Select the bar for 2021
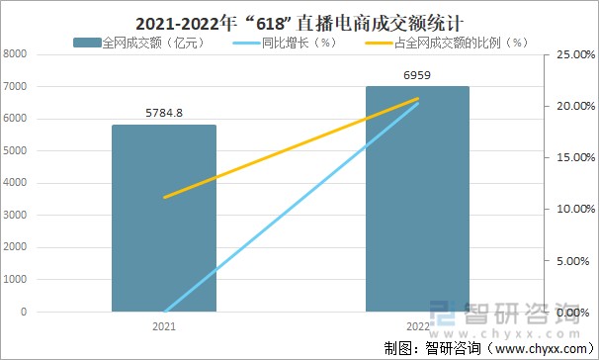click(164, 218)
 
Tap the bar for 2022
click(417, 198)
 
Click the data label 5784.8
click(164, 113)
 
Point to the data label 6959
click(417, 75)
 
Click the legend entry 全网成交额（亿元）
click(138, 43)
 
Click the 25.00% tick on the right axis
click(571, 55)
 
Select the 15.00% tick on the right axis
click(571, 158)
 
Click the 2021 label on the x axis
click(164, 323)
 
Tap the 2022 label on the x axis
click(417, 323)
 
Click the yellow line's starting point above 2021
click(164, 198)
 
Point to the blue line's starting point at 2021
click(164, 312)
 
